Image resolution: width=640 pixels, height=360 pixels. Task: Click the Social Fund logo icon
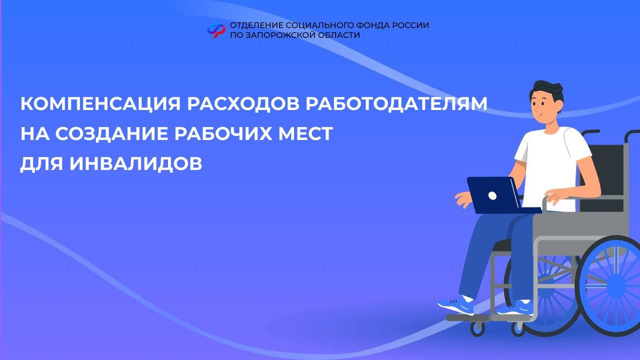tap(216, 30)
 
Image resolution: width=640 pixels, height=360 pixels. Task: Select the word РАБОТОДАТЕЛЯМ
tap(396, 103)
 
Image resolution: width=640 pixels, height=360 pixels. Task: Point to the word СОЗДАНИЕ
tap(111, 133)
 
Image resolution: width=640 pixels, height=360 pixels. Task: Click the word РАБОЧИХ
tap(223, 133)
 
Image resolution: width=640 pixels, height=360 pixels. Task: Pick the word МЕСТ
tap(305, 133)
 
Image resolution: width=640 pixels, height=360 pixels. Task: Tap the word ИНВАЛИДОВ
tap(136, 163)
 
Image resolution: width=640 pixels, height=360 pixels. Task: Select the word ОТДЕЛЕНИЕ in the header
tap(256, 25)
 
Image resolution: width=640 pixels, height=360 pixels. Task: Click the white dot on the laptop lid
tap(492, 195)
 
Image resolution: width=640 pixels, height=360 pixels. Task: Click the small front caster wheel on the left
tap(477, 328)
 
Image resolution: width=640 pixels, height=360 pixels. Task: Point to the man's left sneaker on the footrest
tap(455, 305)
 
